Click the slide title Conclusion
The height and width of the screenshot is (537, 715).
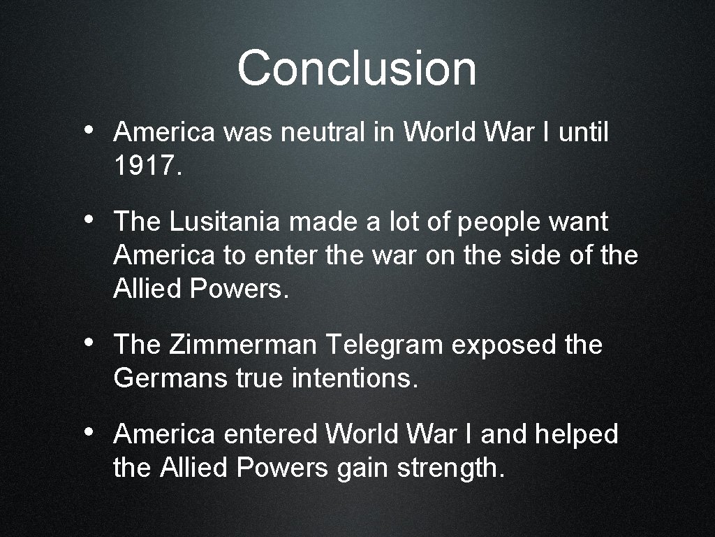(x=357, y=69)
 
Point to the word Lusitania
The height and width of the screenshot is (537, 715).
(x=224, y=222)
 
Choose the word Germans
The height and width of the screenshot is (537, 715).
(x=170, y=379)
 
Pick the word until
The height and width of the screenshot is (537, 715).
(x=583, y=131)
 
